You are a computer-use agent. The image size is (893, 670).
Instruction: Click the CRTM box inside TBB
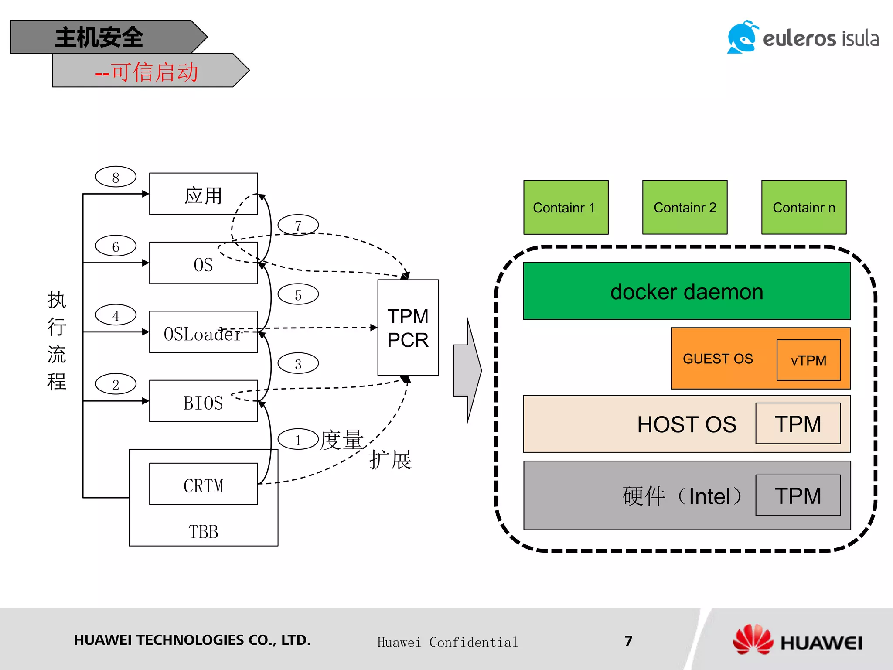tap(203, 484)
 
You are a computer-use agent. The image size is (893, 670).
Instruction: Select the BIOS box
tap(203, 401)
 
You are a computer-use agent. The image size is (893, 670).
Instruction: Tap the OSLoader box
tap(203, 332)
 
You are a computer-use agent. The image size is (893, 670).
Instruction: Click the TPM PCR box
tap(408, 328)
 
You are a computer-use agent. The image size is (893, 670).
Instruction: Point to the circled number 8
tap(116, 177)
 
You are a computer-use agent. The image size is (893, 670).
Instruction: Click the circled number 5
tap(298, 294)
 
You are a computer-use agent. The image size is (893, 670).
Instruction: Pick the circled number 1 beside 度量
tap(298, 439)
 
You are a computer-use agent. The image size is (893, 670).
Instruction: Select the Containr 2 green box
tap(685, 208)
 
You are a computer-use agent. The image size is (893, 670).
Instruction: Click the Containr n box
tap(804, 208)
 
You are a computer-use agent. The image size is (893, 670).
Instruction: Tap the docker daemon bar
tap(686, 291)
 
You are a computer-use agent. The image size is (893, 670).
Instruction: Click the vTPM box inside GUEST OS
tap(808, 360)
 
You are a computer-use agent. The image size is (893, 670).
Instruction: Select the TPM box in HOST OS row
tap(798, 424)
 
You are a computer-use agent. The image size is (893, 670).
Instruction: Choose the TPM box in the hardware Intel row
tap(798, 496)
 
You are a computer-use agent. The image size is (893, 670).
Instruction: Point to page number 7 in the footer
tap(628, 641)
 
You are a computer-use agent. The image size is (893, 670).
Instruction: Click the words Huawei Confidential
tap(447, 642)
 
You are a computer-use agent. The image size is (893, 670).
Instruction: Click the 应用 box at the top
tap(203, 195)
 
